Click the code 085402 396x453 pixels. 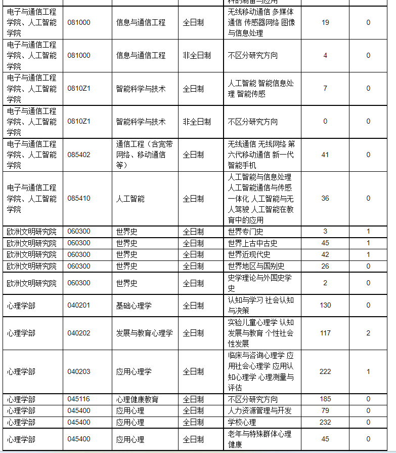click(x=79, y=155)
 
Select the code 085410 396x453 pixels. click(x=79, y=198)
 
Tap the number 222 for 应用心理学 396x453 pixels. click(x=325, y=371)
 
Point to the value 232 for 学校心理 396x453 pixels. click(x=325, y=422)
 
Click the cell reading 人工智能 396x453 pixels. click(x=130, y=199)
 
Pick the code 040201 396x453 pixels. click(x=79, y=305)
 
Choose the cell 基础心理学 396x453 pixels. click(x=134, y=306)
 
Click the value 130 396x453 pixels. click(x=325, y=305)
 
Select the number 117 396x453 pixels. click(x=325, y=333)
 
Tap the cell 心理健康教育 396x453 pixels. click(x=137, y=400)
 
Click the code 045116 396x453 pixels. click(x=79, y=399)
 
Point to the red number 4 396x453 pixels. click(x=325, y=55)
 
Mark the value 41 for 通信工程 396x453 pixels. click(x=325, y=155)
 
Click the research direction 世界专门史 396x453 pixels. click(x=245, y=232)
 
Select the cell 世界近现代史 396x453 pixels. click(x=249, y=254)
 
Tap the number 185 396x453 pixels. click(x=325, y=399)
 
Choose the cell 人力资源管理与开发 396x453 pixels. click(x=259, y=411)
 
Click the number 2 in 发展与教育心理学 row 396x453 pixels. click(x=368, y=333)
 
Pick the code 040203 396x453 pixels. click(x=79, y=371)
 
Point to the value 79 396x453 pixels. click(x=325, y=410)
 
